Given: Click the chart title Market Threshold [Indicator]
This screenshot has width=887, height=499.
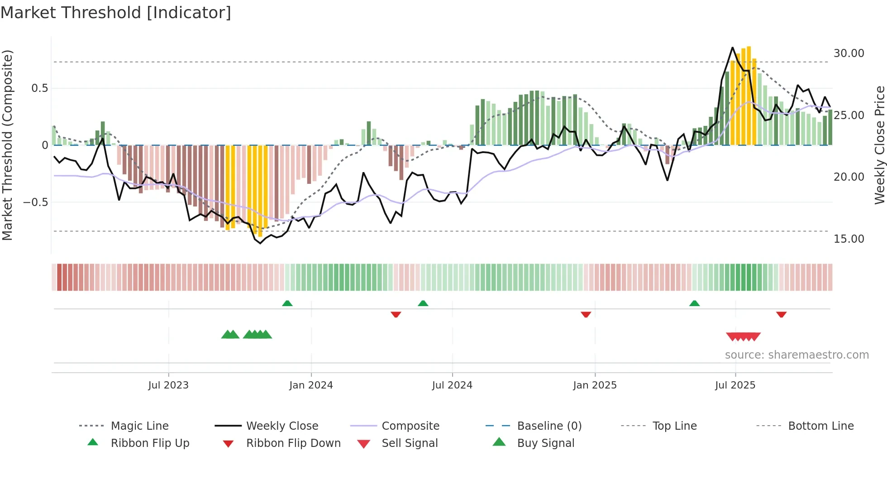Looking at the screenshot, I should point(116,13).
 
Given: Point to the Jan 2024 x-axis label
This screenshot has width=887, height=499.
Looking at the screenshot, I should point(311,385).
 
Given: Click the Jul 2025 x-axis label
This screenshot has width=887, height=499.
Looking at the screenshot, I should point(735,385).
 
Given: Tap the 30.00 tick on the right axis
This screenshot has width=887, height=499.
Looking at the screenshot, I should point(849,53).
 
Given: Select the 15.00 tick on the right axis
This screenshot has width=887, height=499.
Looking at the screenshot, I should point(849,239).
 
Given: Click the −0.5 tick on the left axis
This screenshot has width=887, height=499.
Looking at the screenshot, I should point(36,202).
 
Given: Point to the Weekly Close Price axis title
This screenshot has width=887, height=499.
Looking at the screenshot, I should point(879,145).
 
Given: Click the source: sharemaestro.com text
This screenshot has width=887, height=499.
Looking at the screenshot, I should point(796,355).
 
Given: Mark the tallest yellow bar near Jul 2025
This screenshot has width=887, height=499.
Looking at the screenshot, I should point(749,95).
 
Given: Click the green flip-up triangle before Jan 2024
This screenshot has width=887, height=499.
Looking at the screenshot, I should point(287,303).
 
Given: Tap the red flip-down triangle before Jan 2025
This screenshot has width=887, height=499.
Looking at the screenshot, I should point(586,314).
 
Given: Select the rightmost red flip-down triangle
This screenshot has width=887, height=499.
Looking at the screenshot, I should point(781,314).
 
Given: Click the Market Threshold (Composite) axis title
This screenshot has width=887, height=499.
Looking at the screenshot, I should point(8,145).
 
